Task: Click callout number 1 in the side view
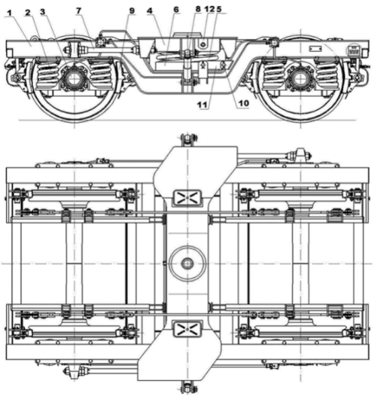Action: coord(9,12)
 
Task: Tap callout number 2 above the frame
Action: coord(28,12)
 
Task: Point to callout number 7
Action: coord(79,11)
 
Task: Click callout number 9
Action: coord(132,11)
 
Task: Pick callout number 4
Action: coord(149,11)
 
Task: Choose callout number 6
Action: coord(176,9)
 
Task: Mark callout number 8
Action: coord(198,9)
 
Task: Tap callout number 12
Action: coord(210,9)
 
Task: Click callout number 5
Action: coord(219,9)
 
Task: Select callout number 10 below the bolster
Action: coord(243,103)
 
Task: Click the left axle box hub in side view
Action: coord(74,79)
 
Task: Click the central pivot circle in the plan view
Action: coord(188,264)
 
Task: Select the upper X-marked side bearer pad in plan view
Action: coord(187,198)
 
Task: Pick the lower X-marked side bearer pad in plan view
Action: coord(187,328)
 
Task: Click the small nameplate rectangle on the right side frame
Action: coord(317,48)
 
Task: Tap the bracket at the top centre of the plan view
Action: coord(188,140)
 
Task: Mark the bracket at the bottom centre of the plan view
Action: coord(188,387)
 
